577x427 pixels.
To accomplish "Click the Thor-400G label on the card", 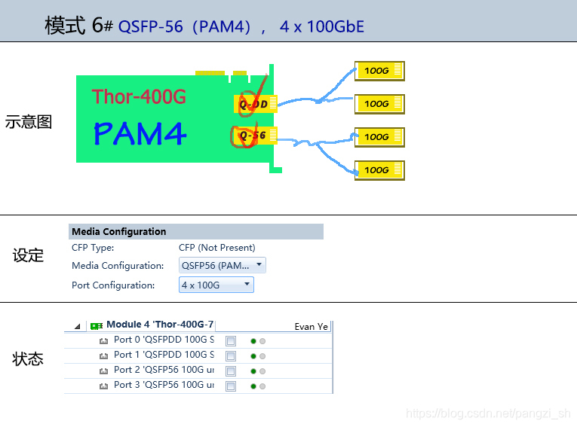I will point(139,96).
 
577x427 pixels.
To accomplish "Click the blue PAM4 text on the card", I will point(140,133).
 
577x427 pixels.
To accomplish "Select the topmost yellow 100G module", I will point(379,71).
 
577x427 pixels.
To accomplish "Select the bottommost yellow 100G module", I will point(379,170).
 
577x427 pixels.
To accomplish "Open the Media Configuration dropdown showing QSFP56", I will point(223,265).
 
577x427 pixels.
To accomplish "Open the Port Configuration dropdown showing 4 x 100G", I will point(216,285).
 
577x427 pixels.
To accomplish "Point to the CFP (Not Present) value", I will point(216,247).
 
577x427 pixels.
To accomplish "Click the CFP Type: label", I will point(93,247).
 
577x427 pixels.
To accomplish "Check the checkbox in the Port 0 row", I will point(231,341).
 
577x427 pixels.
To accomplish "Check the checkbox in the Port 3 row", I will point(231,386).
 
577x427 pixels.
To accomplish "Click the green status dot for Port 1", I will point(253,355).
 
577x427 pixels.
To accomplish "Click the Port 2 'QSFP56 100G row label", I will point(163,370).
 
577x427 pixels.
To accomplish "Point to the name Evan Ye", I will point(311,327).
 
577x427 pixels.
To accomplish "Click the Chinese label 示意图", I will point(29,122).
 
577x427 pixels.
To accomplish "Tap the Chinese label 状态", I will point(28,359).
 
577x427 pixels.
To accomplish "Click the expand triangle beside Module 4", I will point(78,326).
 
